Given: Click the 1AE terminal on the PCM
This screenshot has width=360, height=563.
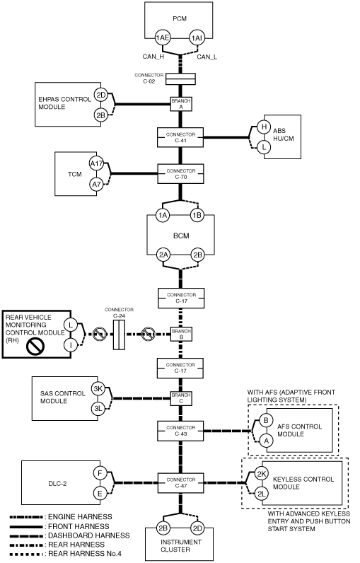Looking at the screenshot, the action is pyautogui.click(x=163, y=37).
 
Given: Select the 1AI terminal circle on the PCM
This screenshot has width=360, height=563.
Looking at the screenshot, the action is pyautogui.click(x=197, y=37).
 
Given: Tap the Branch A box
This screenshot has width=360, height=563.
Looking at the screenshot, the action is pyautogui.click(x=181, y=104).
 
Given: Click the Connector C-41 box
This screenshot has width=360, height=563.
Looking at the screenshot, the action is pyautogui.click(x=180, y=137).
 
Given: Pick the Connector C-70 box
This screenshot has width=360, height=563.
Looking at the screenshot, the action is pyautogui.click(x=180, y=174).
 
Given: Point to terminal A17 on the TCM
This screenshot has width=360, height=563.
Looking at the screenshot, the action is pyautogui.click(x=96, y=164).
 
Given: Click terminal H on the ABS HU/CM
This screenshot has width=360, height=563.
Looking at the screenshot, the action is pyautogui.click(x=264, y=127).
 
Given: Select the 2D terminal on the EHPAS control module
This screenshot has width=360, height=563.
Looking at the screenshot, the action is pyautogui.click(x=101, y=95).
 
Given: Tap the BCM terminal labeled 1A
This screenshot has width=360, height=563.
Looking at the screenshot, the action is pyautogui.click(x=163, y=215).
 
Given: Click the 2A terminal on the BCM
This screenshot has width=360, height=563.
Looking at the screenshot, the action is pyautogui.click(x=163, y=255).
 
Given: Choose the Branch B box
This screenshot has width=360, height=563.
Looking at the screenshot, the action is pyautogui.click(x=181, y=334).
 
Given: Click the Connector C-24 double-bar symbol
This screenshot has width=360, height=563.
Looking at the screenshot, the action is pyautogui.click(x=119, y=335).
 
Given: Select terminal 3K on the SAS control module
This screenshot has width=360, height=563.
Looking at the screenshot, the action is pyautogui.click(x=98, y=388).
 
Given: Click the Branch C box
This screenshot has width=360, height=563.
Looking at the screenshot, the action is pyautogui.click(x=181, y=398).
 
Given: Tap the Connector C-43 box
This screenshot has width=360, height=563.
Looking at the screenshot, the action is pyautogui.click(x=180, y=431).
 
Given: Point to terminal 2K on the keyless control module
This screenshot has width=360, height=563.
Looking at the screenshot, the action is pyautogui.click(x=261, y=474).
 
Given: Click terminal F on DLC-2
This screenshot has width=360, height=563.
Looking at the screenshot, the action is pyautogui.click(x=100, y=473).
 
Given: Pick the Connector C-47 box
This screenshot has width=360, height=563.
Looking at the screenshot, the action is pyautogui.click(x=181, y=483).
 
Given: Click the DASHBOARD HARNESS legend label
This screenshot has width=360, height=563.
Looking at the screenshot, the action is pyautogui.click(x=88, y=535).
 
